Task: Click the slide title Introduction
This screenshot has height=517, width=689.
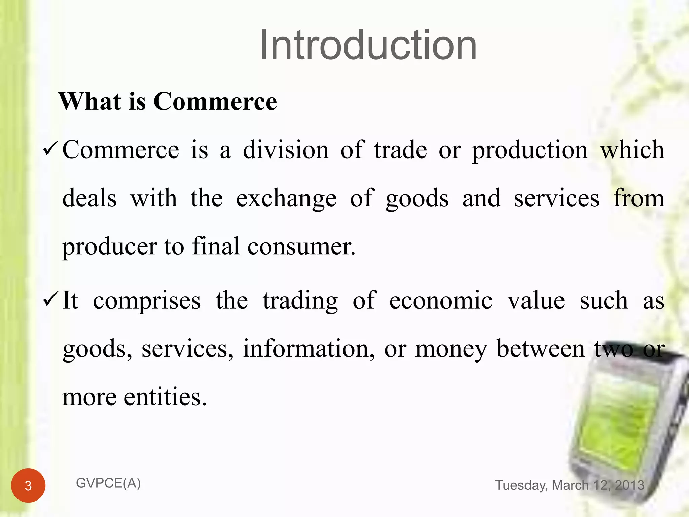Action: tap(368, 45)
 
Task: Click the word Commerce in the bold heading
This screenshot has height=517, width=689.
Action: tap(215, 101)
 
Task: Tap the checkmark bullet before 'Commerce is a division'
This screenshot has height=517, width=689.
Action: tap(51, 149)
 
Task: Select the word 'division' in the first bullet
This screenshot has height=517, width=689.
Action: tap(286, 150)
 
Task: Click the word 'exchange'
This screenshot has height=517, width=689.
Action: tap(286, 199)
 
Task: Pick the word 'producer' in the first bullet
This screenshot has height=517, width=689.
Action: tap(110, 247)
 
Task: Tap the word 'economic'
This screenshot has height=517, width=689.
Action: tap(441, 300)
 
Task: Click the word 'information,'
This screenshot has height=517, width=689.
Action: tap(309, 349)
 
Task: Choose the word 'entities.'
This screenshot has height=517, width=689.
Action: tap(165, 397)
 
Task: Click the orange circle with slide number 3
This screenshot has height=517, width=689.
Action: tap(28, 485)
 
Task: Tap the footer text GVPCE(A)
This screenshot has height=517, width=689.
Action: tap(108, 483)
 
